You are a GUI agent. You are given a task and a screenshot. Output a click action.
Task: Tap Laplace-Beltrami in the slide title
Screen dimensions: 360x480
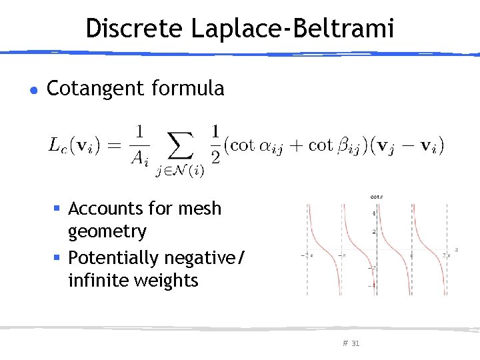coord(293,28)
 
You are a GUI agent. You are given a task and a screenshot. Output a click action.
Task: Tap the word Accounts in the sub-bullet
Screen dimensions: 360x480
coord(101,209)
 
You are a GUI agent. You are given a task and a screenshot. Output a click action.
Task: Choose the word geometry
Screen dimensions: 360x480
coord(107,231)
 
